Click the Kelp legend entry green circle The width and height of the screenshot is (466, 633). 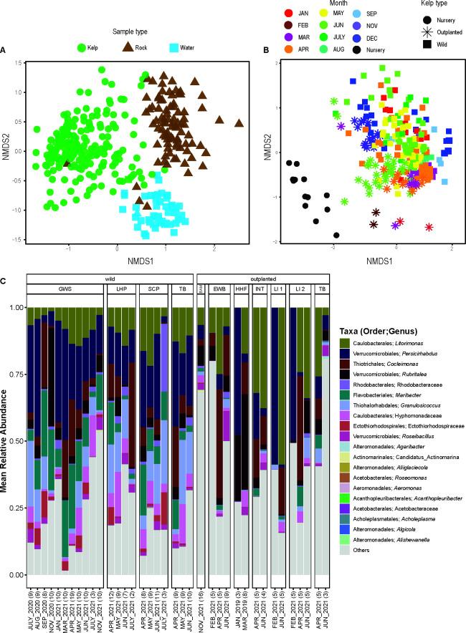coord(82,49)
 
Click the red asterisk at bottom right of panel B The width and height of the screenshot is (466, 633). coord(429,227)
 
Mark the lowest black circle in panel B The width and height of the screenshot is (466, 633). coord(337,235)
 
